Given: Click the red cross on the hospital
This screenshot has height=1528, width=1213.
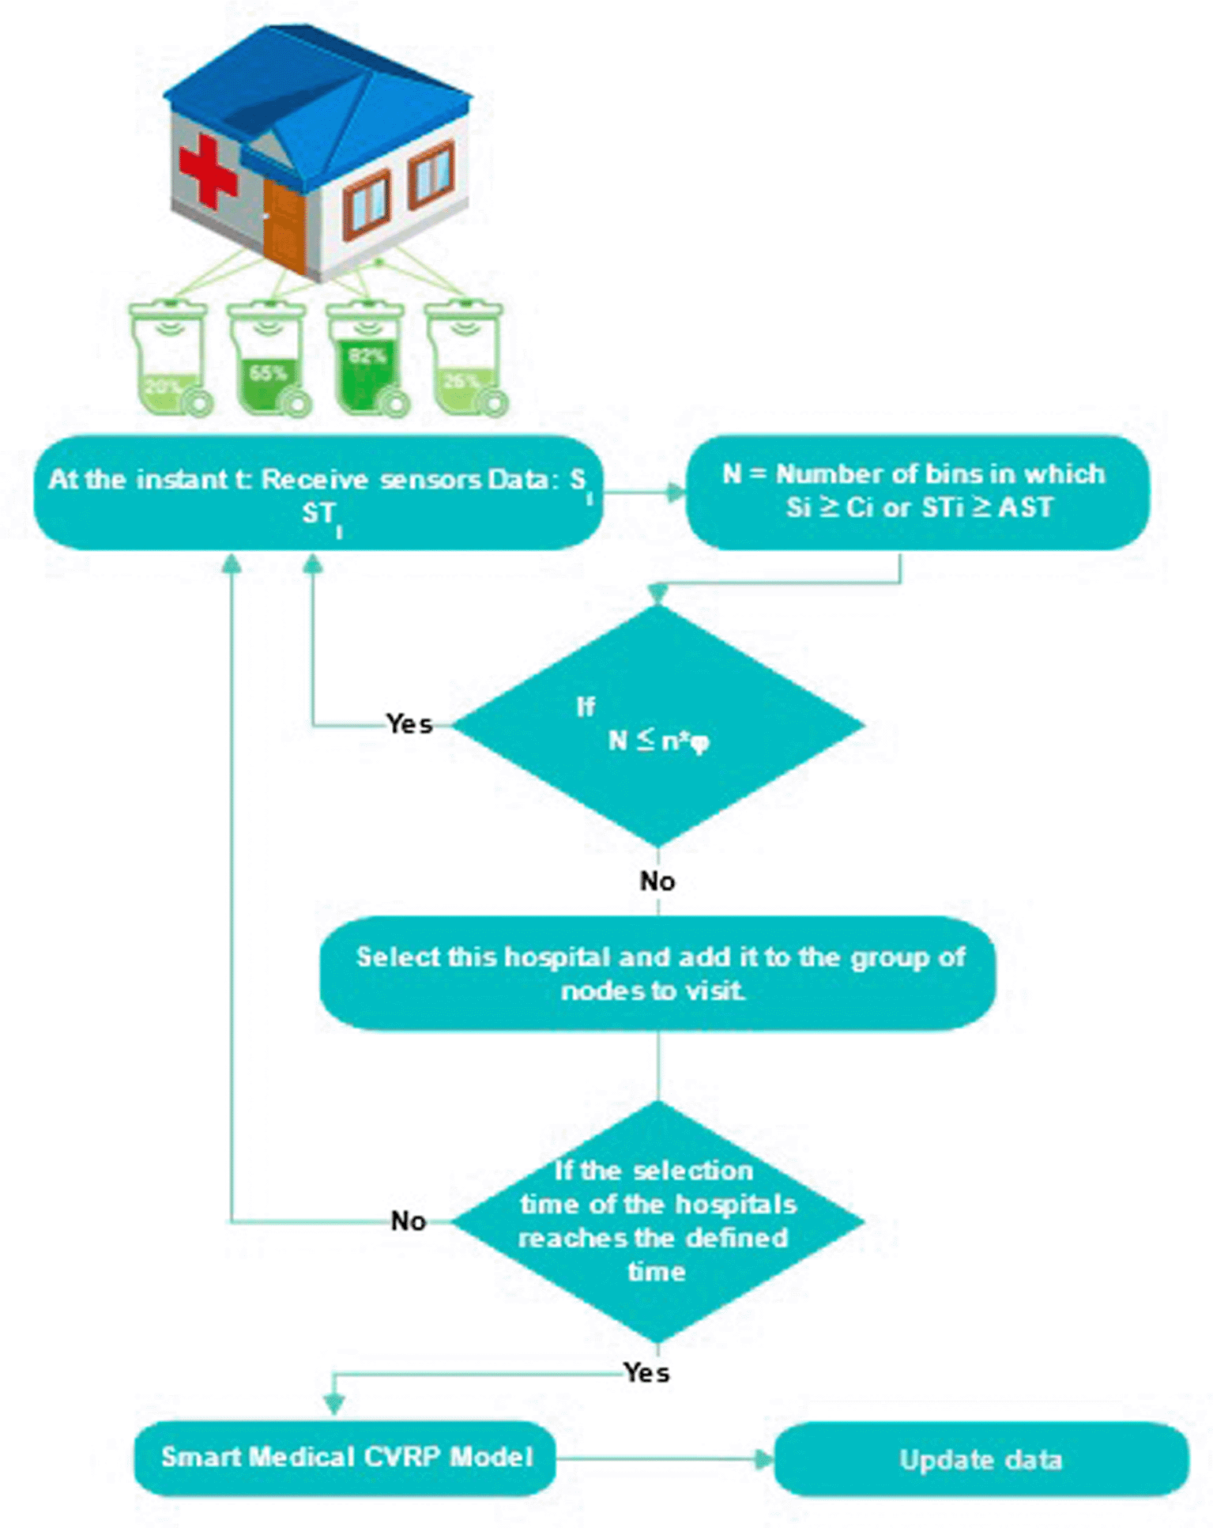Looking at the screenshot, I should (208, 170).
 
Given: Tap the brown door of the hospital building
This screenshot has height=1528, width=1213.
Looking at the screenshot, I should (284, 225).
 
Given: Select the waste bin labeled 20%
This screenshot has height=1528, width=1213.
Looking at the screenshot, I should (168, 360).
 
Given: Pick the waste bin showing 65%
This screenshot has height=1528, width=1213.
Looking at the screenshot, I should (268, 360).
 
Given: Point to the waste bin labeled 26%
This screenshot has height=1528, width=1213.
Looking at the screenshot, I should (464, 360).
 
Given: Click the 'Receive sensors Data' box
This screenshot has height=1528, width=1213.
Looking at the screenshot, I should (318, 492).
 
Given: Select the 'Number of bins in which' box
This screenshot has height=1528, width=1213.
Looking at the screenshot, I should (917, 492).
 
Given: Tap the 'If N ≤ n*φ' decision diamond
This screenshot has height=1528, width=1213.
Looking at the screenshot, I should (657, 725).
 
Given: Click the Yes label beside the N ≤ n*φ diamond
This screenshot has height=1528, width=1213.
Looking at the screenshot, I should (409, 724).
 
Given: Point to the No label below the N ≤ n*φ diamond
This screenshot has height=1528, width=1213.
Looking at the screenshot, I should (657, 881).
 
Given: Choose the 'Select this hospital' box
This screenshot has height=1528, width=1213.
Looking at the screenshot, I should (657, 973).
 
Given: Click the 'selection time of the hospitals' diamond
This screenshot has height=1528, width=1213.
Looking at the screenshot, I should (657, 1221).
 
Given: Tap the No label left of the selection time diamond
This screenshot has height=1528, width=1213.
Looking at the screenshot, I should (409, 1221).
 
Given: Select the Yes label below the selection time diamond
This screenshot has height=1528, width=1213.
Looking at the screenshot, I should (646, 1373).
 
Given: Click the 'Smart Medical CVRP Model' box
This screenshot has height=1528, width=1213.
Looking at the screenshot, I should (345, 1458).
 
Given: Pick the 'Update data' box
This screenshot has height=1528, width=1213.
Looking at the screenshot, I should (981, 1459).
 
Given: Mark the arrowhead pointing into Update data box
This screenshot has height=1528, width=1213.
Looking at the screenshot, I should (763, 1459).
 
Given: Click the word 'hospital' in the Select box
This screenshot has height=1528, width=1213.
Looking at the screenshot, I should (558, 957).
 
